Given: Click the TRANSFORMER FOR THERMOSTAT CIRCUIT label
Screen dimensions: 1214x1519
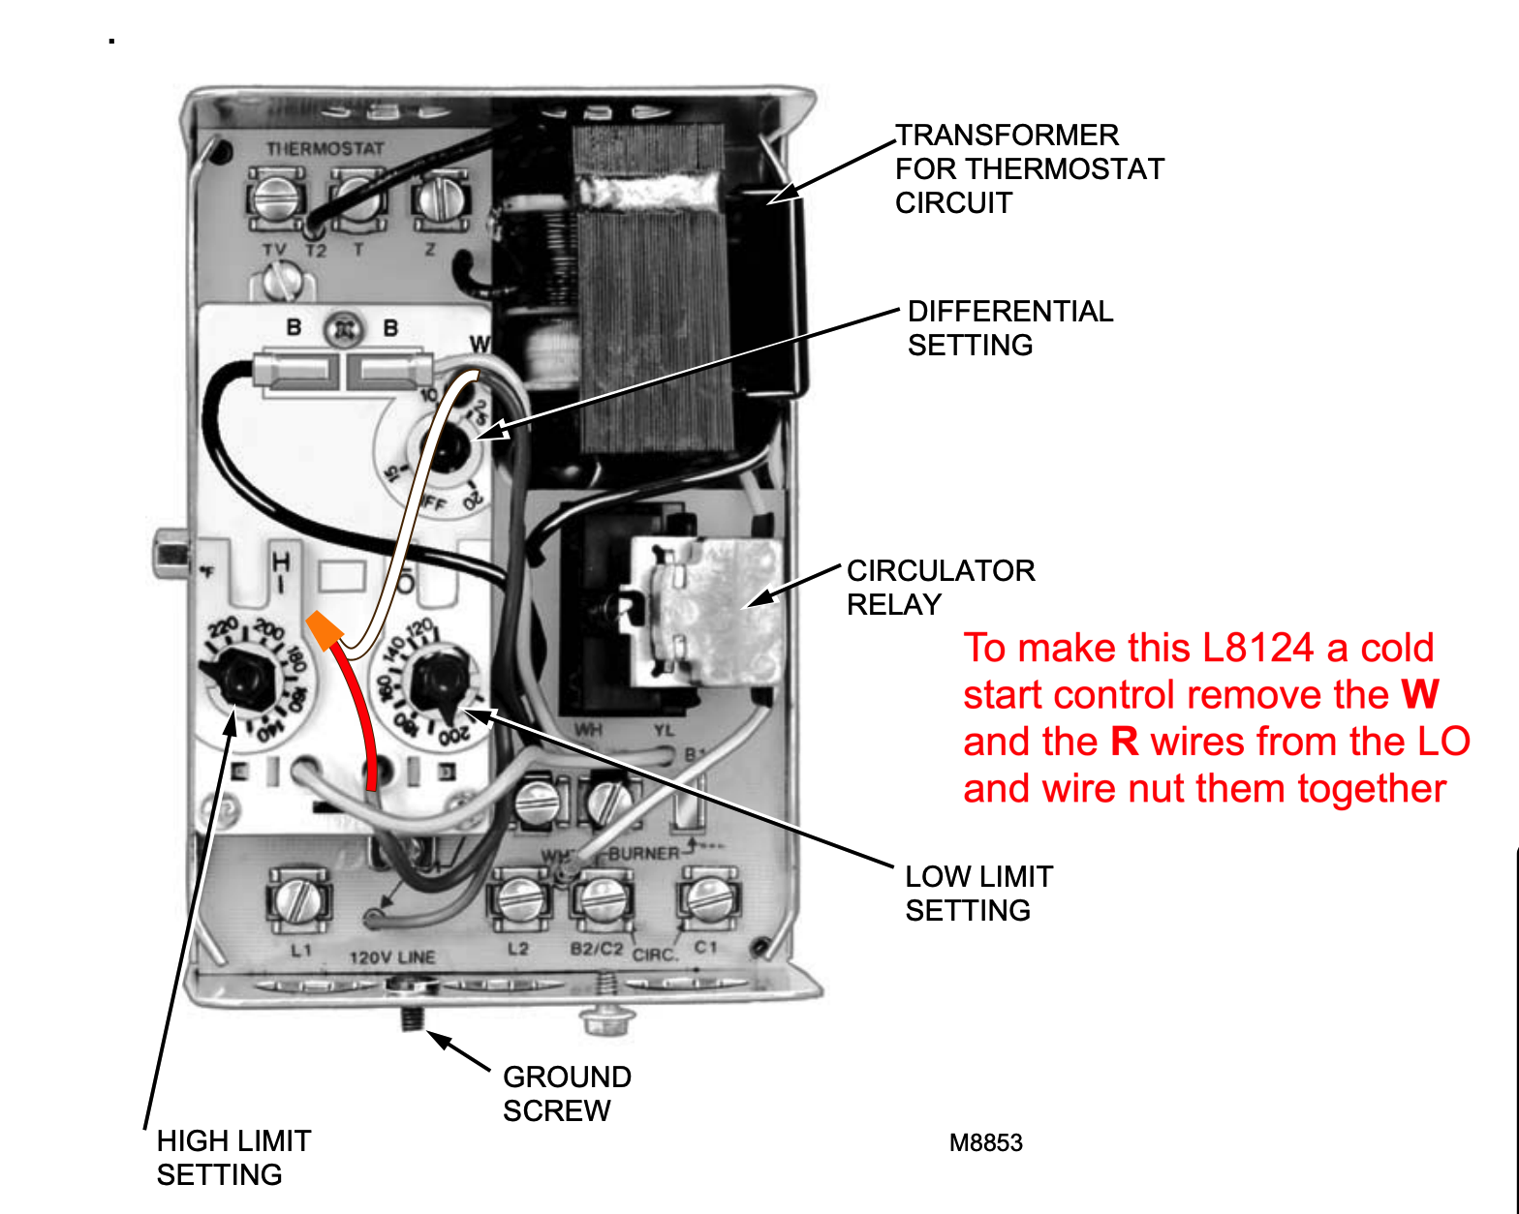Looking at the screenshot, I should (x=1028, y=168).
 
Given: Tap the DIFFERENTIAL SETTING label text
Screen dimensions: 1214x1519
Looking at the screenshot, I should (x=1009, y=328).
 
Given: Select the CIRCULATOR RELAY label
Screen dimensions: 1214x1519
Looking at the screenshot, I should (x=940, y=587).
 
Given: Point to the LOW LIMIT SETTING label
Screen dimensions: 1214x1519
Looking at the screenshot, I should (x=978, y=893).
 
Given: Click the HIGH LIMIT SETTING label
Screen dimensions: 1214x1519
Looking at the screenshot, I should (x=233, y=1157).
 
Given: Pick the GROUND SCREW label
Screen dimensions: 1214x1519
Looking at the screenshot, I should (x=567, y=1093).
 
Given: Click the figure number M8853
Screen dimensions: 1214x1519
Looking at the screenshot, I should (x=985, y=1142).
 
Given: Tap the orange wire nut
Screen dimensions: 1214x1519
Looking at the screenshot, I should (x=324, y=630).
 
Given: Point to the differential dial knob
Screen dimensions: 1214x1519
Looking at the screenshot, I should (x=447, y=451).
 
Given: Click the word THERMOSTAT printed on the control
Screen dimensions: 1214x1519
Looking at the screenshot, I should (x=325, y=149).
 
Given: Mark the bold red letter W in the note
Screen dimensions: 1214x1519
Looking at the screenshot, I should (x=1420, y=694).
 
